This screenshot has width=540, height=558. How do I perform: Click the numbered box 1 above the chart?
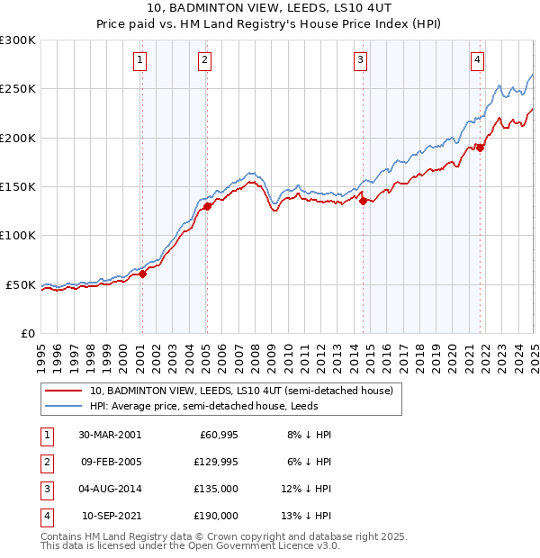[x=141, y=60]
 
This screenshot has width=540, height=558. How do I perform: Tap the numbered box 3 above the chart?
[x=360, y=60]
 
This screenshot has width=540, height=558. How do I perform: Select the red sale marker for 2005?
[x=207, y=206]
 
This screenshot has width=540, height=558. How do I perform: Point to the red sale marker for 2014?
[x=364, y=202]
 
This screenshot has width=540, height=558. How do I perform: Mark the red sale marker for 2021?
[x=481, y=148]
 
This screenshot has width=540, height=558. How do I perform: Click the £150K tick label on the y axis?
[x=18, y=186]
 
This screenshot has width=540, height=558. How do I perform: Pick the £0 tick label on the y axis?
[x=26, y=333]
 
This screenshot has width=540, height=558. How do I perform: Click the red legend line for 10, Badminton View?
[x=63, y=391]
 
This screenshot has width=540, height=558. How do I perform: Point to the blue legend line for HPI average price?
[x=63, y=407]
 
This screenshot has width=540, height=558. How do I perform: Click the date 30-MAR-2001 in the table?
[x=109, y=435]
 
